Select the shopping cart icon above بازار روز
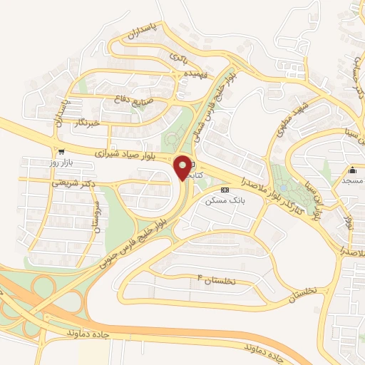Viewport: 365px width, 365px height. pyautogui.click(x=62, y=151)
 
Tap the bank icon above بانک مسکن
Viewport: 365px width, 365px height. pyautogui.click(x=225, y=190)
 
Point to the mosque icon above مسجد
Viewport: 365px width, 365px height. pyautogui.click(x=352, y=170)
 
